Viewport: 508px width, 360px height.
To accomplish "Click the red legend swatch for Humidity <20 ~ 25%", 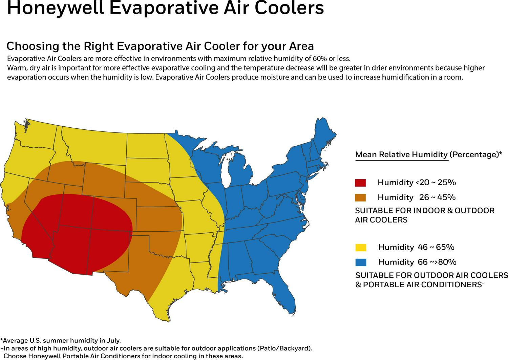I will click(x=360, y=183).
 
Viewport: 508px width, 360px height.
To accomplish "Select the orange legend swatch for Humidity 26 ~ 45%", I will click(x=360, y=197).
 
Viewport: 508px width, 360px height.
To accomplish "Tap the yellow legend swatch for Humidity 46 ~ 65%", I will click(x=361, y=247).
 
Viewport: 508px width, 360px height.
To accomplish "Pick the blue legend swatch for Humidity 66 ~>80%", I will click(x=361, y=262).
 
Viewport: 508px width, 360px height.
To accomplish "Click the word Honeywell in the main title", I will click(x=55, y=8).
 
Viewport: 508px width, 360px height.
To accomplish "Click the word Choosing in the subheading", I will click(x=27, y=46).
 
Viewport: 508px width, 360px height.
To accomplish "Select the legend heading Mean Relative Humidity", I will click(x=401, y=155).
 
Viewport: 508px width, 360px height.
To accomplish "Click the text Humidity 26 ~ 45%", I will click(x=417, y=197).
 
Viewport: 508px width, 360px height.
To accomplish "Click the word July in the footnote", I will click(x=112, y=340).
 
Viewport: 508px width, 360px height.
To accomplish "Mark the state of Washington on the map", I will click(x=37, y=135).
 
